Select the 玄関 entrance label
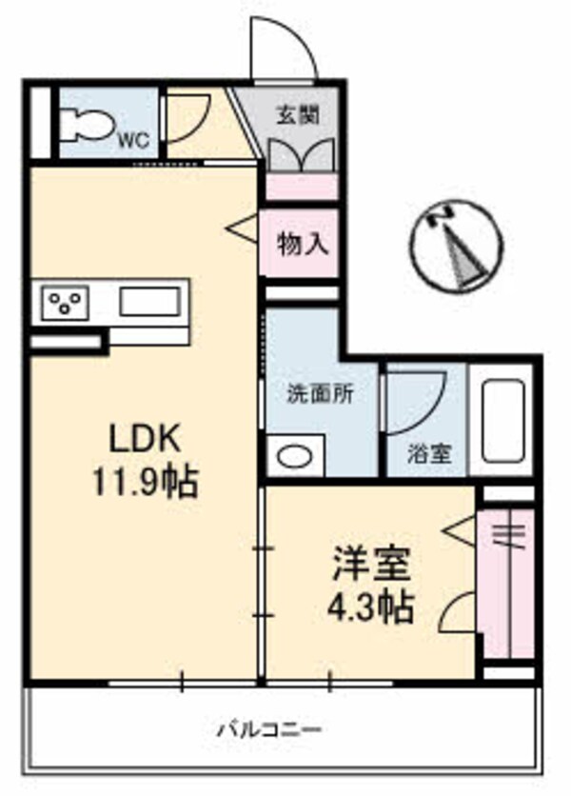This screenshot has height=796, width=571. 298,115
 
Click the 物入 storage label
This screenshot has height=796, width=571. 303,244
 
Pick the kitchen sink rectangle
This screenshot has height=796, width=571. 148,302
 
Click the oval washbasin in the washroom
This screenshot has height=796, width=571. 295,457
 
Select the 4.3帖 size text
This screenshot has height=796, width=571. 371,607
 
